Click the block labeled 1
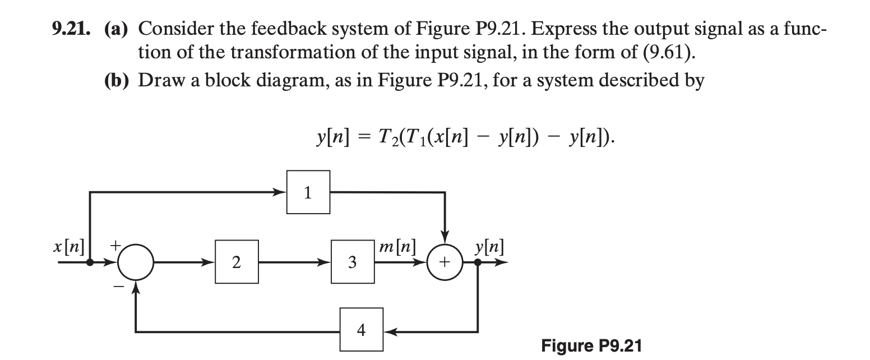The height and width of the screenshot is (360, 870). (x=308, y=192)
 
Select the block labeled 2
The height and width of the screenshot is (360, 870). (x=237, y=262)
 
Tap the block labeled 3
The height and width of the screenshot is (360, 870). (x=352, y=262)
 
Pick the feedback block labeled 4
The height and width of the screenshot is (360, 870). (x=362, y=330)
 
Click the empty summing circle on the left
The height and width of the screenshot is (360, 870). (x=135, y=262)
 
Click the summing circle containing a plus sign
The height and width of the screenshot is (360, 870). (x=445, y=262)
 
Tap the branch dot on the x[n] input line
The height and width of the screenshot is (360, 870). (x=90, y=262)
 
